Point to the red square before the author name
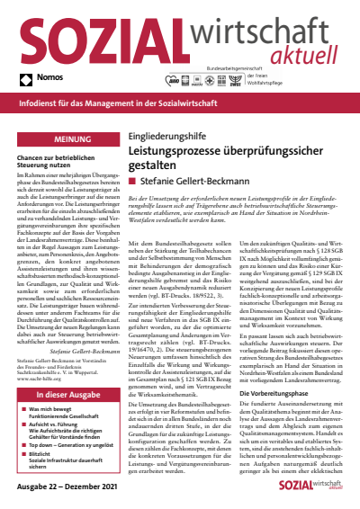pyautogui.click(x=134, y=182)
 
